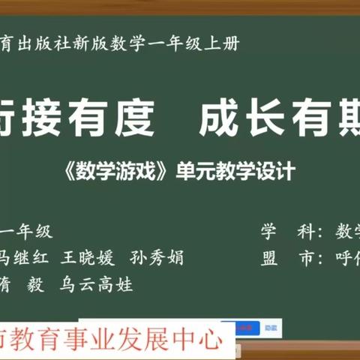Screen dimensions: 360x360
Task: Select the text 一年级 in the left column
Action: (28, 232)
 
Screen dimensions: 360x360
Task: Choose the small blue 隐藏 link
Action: (271, 328)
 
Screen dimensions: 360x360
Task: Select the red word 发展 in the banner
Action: (146, 340)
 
